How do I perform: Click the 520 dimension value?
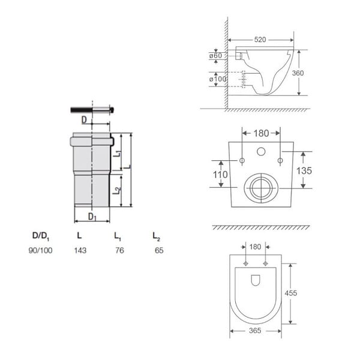click(x=260, y=40)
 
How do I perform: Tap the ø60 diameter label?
click(x=215, y=56)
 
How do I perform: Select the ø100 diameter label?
click(x=218, y=79)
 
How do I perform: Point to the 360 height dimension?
click(x=298, y=73)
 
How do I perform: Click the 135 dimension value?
click(x=304, y=170)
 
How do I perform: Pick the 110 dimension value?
click(x=220, y=175)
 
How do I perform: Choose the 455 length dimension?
click(x=290, y=293)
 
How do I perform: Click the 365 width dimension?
click(x=255, y=331)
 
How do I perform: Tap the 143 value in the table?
click(x=80, y=250)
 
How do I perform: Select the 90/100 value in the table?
click(x=40, y=250)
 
